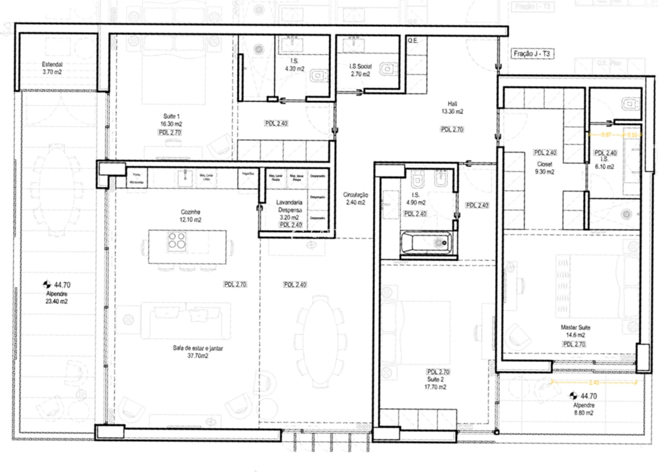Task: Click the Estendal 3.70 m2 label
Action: coord(52,68)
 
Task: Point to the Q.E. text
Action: coord(412,41)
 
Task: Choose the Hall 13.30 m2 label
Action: coord(452,107)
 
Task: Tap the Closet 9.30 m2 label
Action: coord(545,168)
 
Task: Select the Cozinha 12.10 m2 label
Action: coord(190,216)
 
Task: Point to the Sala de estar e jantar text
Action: coord(194,352)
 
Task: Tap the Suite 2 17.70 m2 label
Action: coord(435,383)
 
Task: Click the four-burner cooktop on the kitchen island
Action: coord(176,242)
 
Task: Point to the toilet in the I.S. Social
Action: coord(387,67)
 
